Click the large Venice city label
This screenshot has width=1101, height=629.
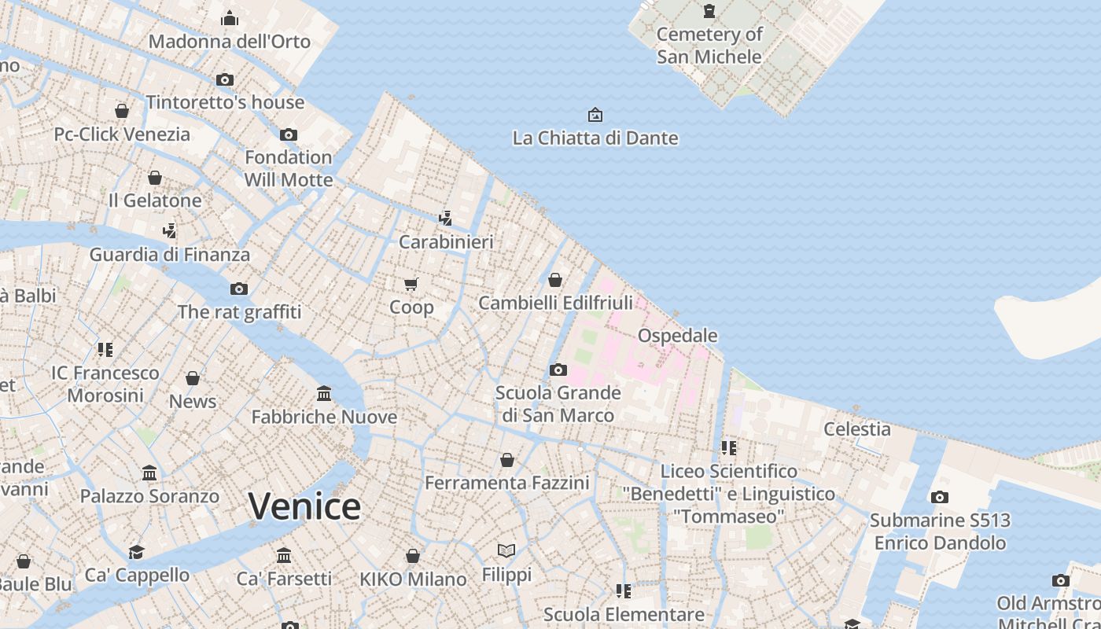point(304,506)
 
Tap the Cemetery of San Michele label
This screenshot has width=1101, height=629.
point(709,45)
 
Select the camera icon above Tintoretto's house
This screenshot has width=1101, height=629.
point(225,79)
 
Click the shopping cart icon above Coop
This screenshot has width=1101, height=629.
point(411,284)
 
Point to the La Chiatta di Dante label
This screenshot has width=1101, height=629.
point(595,138)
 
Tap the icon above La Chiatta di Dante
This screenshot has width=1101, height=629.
point(595,115)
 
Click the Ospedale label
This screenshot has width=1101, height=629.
point(677,336)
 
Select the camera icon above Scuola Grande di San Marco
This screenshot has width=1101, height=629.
point(558,370)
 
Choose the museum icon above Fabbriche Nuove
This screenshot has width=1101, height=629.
point(324,393)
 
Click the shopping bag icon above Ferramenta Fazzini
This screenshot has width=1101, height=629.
point(507,459)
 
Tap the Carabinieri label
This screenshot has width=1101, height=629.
point(446,242)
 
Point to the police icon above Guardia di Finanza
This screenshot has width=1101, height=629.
point(169,231)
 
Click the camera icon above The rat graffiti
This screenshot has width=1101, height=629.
point(239,289)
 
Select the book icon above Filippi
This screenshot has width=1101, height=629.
point(506,551)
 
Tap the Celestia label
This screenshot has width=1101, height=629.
point(856,429)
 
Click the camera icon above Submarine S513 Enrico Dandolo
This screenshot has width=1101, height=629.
point(940,497)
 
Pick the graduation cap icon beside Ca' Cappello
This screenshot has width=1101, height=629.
point(137,552)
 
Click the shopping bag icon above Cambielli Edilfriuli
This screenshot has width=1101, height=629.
point(555,280)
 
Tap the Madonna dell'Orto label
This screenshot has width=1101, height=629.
point(230,42)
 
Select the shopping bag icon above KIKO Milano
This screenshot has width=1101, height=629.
point(413,557)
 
